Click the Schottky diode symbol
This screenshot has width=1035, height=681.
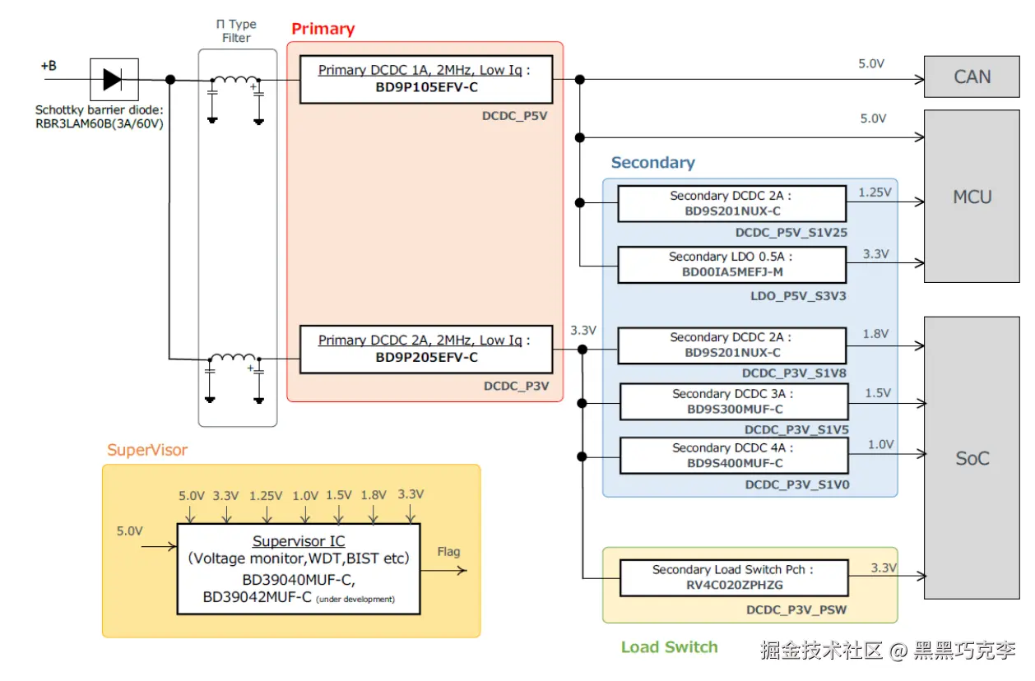(x=114, y=80)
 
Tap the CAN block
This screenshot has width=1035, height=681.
(x=972, y=76)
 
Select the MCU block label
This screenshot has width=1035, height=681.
(x=972, y=197)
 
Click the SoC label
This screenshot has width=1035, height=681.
(x=972, y=458)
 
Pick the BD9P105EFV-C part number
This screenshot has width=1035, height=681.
(x=426, y=87)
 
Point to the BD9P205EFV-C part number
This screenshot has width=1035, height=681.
(x=426, y=357)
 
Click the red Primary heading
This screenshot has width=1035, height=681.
(x=323, y=29)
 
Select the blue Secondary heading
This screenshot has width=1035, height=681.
(x=653, y=162)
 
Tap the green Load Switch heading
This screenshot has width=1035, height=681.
(x=669, y=646)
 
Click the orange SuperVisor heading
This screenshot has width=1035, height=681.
(x=147, y=450)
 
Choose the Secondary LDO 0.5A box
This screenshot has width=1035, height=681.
(x=732, y=265)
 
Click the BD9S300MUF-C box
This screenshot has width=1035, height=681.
(x=734, y=402)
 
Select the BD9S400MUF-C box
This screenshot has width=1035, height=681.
(x=734, y=456)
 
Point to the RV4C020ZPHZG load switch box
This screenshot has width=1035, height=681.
(x=734, y=578)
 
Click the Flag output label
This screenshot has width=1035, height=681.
(x=448, y=552)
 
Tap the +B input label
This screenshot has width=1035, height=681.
(x=49, y=66)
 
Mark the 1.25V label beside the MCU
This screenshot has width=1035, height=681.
(x=875, y=192)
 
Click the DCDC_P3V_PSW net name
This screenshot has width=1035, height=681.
(x=796, y=609)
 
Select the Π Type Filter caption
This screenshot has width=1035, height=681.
(x=236, y=30)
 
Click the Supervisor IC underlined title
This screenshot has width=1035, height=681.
(x=299, y=541)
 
